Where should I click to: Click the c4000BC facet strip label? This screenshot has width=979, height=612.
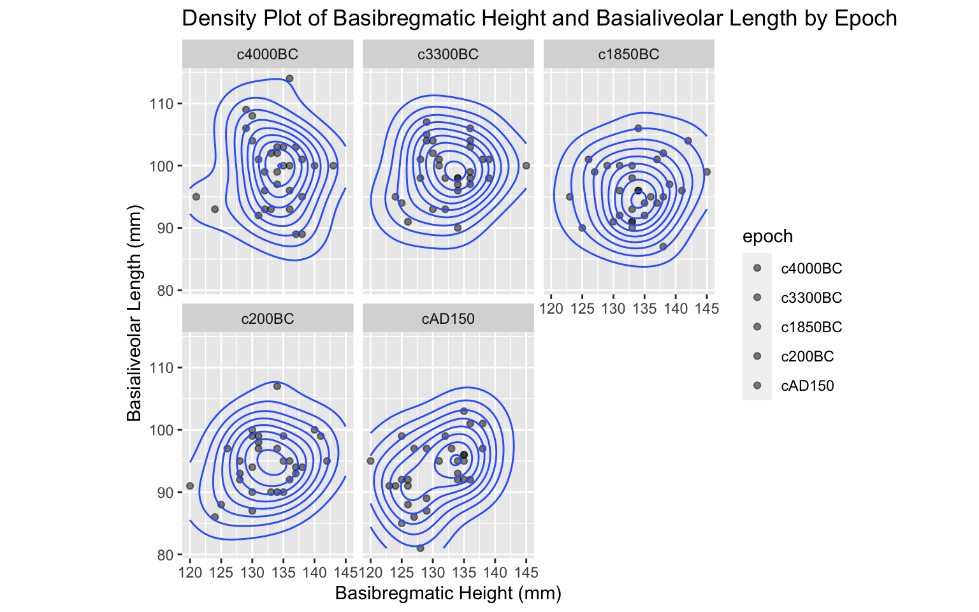tap(267, 54)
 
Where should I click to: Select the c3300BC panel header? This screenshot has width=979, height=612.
tap(447, 54)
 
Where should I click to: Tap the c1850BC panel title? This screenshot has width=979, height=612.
tap(628, 54)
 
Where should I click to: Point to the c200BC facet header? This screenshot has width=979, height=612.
tap(267, 319)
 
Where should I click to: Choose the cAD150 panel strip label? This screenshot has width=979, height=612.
tap(447, 319)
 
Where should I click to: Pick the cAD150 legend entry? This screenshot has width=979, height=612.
tap(807, 386)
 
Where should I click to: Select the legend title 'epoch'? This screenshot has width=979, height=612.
tap(767, 237)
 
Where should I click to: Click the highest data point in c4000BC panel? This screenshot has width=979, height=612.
tap(289, 78)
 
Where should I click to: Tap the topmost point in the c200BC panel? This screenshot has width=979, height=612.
tap(277, 386)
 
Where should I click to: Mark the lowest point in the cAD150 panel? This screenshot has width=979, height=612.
tap(420, 548)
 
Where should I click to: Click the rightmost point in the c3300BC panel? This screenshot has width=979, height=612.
tap(526, 166)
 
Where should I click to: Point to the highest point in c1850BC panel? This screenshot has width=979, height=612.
tap(638, 128)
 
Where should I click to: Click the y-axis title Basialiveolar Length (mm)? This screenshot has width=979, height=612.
tap(134, 314)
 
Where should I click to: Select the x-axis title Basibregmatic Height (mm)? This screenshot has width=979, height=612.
tap(448, 594)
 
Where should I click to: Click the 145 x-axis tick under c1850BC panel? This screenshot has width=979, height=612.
tap(707, 309)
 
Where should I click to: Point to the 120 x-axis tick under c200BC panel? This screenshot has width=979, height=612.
tap(190, 572)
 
